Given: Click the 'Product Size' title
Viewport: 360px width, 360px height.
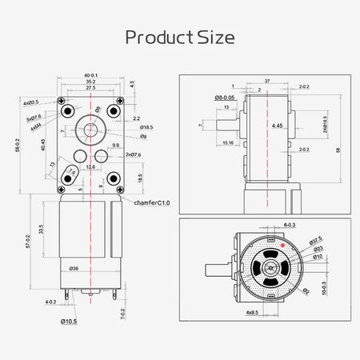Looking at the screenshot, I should point(180,38).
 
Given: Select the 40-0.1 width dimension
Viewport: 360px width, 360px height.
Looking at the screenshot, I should point(90,77).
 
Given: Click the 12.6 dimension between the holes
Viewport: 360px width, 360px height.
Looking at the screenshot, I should point(90,166).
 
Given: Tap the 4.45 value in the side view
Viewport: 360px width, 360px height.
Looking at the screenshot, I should point(277,126).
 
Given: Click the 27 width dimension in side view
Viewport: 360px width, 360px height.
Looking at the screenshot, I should point(266,81).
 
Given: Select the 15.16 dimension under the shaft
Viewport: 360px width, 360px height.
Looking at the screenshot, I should point(229,144).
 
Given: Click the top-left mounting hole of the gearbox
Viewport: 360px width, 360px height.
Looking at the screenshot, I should point(68,110).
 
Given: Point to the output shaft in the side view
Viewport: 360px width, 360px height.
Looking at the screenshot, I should point(226,126).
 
